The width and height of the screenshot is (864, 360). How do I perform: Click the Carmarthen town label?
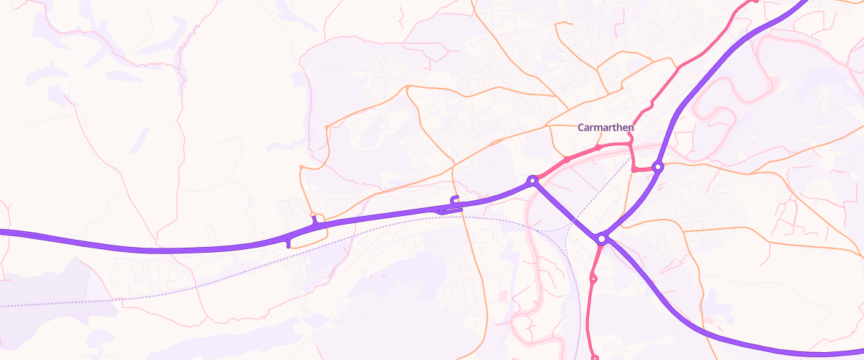(606, 127)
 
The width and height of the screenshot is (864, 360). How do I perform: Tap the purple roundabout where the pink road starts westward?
(532, 180)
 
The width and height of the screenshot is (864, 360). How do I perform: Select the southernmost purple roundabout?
(602, 238)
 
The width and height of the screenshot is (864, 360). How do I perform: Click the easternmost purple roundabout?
(657, 167)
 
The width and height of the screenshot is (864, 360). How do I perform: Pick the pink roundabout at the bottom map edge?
(595, 357)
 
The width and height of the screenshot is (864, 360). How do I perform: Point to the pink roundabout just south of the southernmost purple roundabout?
(594, 277)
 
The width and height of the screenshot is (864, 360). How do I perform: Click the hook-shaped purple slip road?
(454, 200)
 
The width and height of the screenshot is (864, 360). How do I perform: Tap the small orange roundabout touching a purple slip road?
(312, 215)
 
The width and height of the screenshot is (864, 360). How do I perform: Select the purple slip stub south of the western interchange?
(288, 243)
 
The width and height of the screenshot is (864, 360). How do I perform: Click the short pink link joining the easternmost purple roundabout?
(643, 170)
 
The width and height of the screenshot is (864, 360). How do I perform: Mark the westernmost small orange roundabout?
(301, 168)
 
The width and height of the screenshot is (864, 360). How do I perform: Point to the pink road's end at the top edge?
(753, 1)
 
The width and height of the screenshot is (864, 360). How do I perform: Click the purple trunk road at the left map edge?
(4, 232)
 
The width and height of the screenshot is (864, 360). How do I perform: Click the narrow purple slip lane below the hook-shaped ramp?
(448, 210)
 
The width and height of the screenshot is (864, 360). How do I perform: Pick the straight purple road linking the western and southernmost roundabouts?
(567, 209)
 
